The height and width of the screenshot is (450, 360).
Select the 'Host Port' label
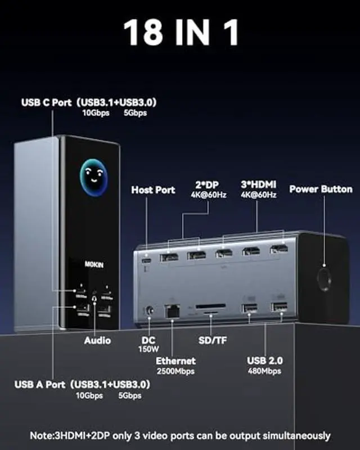pos(153,190)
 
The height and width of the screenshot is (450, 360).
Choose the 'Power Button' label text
pos(321,189)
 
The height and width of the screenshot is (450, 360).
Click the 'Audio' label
pos(97,340)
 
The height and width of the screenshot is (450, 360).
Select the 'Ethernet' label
pos(176,361)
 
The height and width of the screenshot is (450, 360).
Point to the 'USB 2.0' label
pos(265,361)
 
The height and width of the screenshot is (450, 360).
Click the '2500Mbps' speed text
pos(176,371)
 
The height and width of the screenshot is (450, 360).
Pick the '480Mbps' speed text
pos(265,371)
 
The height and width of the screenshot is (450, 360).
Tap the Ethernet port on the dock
pos(171,309)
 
